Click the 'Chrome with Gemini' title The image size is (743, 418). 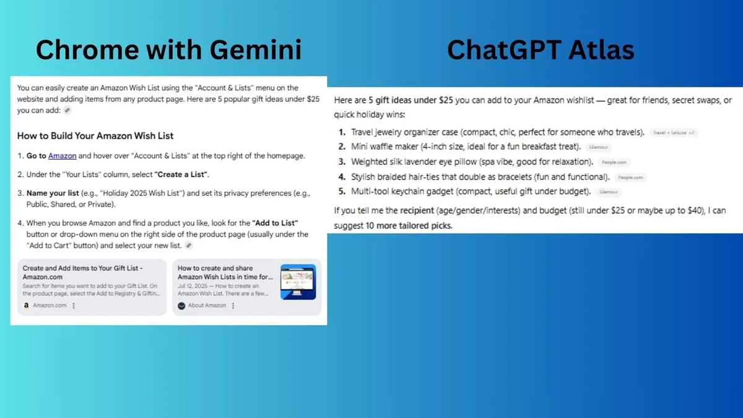168,49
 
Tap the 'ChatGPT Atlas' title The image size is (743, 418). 540,49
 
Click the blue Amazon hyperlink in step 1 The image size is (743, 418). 62,156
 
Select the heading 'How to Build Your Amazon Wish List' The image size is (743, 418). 95,136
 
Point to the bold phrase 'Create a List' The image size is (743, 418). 181,175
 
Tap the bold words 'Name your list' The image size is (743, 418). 53,194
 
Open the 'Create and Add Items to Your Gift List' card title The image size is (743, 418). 83,272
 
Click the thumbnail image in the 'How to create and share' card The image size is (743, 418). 298,282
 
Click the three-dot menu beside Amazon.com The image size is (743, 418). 74,305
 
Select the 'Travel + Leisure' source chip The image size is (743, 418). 674,133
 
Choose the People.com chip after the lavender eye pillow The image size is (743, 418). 614,162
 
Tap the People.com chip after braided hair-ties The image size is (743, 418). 630,177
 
